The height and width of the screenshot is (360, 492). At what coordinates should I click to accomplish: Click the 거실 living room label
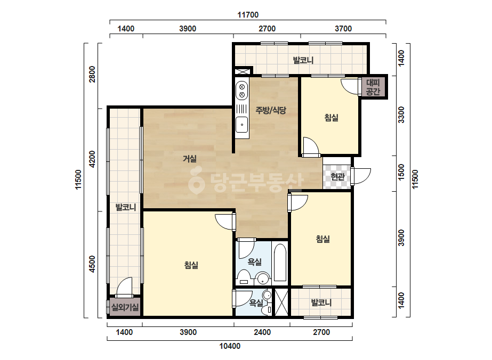(190, 159)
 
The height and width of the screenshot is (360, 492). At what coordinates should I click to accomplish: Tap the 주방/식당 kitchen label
(271, 110)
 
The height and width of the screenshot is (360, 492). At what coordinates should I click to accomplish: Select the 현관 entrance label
(337, 177)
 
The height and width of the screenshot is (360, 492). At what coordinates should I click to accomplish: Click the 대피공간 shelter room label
(373, 87)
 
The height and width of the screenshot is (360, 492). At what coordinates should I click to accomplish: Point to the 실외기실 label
(125, 307)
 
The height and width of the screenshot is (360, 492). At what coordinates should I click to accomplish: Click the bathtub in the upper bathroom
(280, 262)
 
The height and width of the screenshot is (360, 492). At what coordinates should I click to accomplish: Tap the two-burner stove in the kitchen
(242, 91)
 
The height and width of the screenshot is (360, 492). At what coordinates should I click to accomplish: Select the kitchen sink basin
(242, 125)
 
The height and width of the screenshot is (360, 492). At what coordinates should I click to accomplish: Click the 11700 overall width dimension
(248, 15)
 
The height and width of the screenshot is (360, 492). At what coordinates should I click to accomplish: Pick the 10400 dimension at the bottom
(230, 346)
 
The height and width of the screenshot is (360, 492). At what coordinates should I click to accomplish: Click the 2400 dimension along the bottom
(262, 332)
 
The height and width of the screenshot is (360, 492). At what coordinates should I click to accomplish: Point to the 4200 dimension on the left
(92, 159)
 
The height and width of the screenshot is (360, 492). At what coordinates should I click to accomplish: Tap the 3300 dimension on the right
(401, 115)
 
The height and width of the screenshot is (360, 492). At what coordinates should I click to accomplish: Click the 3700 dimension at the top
(343, 29)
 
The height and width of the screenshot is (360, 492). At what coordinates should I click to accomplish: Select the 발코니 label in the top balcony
(303, 60)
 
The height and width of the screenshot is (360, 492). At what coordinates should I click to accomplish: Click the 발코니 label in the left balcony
(125, 207)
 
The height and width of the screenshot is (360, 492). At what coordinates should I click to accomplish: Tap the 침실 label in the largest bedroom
(191, 265)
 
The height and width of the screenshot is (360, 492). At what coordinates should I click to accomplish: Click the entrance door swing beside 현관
(361, 176)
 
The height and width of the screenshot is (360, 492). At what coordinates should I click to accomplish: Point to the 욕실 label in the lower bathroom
(256, 302)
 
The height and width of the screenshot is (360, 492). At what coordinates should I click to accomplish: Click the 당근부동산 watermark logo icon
(196, 181)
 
